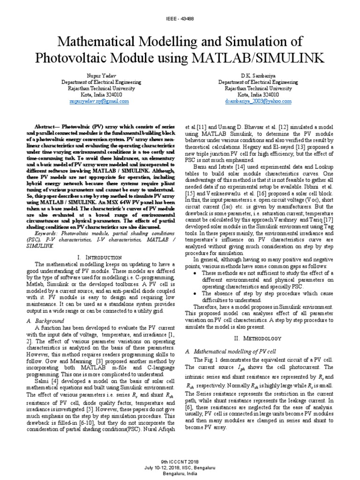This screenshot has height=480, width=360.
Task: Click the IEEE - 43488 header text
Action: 180,18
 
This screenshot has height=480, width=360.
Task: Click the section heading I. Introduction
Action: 99,257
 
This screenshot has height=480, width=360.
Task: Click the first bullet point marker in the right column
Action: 195,273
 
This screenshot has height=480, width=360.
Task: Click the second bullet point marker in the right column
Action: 195,292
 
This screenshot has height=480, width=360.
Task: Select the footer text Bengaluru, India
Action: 180,473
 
